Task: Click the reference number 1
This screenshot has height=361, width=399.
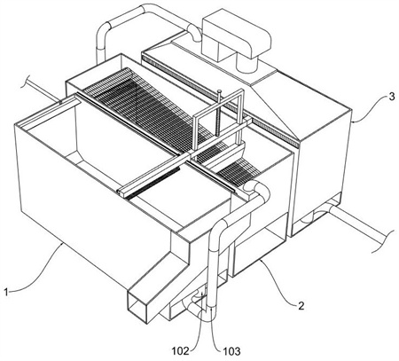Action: pyautogui.click(x=6, y=293)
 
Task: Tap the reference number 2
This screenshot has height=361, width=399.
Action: pyautogui.click(x=301, y=306)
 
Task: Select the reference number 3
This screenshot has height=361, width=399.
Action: pyautogui.click(x=391, y=97)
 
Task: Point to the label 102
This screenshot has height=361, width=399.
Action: pyautogui.click(x=181, y=351)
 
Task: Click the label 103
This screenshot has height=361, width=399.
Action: pyautogui.click(x=231, y=351)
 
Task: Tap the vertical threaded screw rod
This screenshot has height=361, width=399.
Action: pyautogui.click(x=219, y=114)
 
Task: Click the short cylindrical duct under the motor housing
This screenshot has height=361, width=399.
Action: pyautogui.click(x=247, y=63)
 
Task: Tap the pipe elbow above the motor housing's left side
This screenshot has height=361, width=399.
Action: pyautogui.click(x=194, y=32)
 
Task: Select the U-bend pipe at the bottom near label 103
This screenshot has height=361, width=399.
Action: pyautogui.click(x=198, y=313)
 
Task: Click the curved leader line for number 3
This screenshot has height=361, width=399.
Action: pyautogui.click(x=371, y=113)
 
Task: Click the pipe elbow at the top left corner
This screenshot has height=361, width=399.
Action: pyautogui.click(x=104, y=30)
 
